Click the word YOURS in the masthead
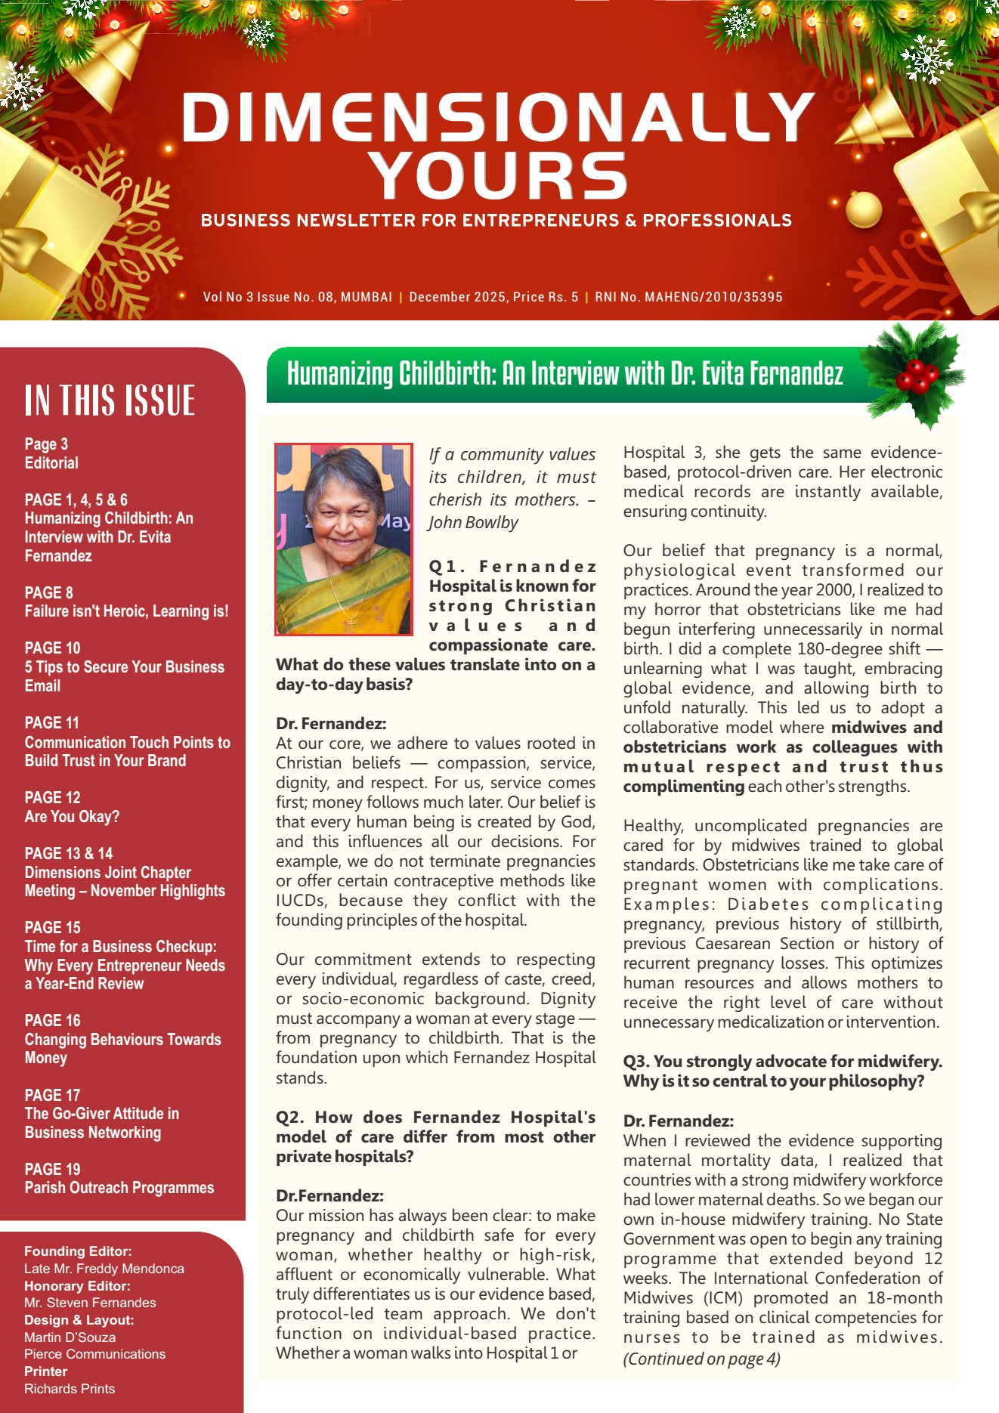click(x=500, y=176)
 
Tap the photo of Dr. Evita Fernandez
click(x=344, y=539)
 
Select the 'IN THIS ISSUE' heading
click(x=110, y=400)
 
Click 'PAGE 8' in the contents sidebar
click(x=49, y=592)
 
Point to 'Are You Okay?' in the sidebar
click(x=72, y=817)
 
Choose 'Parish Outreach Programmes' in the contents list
click(x=119, y=1188)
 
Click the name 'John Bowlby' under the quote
click(x=474, y=523)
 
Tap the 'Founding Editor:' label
click(x=78, y=1251)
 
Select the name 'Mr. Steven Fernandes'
click(x=90, y=1303)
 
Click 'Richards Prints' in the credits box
click(x=70, y=1389)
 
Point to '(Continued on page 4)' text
click(x=701, y=1359)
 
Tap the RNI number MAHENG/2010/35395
click(x=713, y=297)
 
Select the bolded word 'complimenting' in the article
click(x=684, y=787)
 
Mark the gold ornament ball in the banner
click(x=863, y=209)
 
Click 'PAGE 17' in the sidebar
click(x=52, y=1095)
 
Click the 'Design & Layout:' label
click(x=79, y=1320)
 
